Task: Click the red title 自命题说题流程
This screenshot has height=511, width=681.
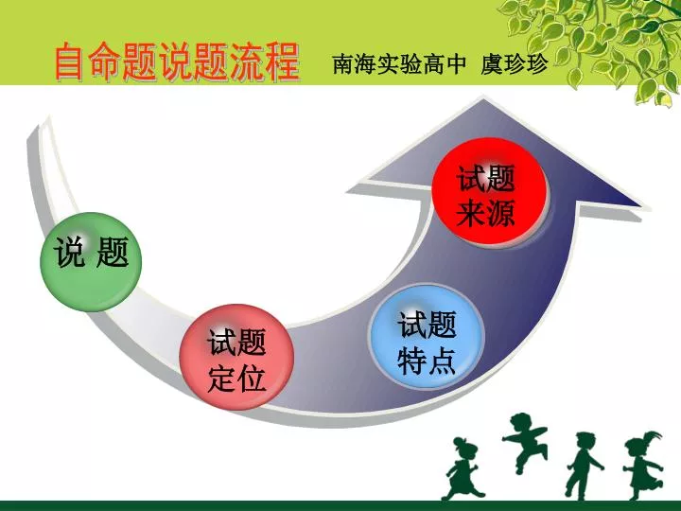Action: [177, 62]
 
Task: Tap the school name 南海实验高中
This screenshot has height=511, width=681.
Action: [399, 64]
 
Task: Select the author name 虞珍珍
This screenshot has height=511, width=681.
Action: [515, 64]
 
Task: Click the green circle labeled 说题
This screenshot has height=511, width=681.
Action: [91, 261]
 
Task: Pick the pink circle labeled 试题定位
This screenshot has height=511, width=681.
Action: [236, 357]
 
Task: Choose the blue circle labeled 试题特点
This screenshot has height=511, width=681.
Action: [426, 337]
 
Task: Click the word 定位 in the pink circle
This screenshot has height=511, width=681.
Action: [236, 378]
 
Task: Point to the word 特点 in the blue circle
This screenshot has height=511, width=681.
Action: [427, 361]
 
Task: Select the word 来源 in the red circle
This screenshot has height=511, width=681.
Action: [485, 213]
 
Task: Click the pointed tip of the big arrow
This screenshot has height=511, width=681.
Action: [483, 98]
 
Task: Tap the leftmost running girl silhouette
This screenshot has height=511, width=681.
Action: [463, 468]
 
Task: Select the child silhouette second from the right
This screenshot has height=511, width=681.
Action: [584, 465]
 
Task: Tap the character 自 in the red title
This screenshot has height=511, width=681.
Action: [70, 62]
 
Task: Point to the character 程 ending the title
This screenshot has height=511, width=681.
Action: [283, 62]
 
